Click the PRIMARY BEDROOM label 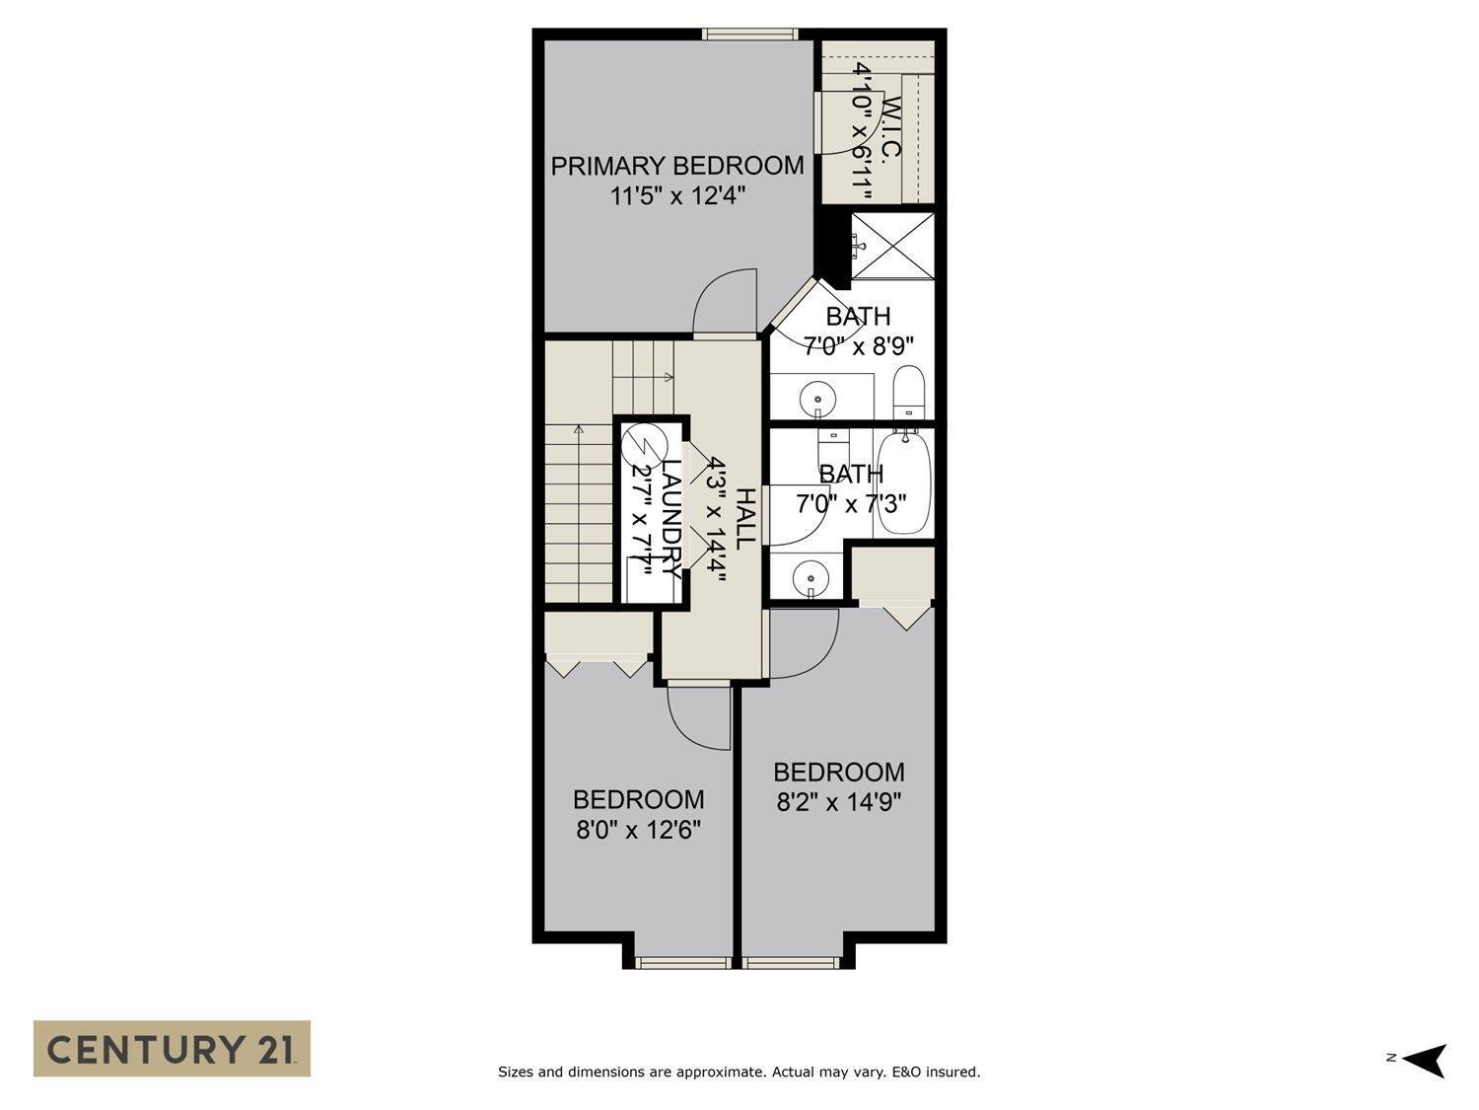point(676,166)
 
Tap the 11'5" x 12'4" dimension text point(676,196)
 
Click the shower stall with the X point(890,245)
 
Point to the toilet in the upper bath point(907,392)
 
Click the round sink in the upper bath point(817,398)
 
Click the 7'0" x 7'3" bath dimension point(851,504)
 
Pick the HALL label point(746,518)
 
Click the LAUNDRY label point(670,518)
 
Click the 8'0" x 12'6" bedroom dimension point(638,830)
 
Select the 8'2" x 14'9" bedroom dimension point(839,802)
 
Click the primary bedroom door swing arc point(725,302)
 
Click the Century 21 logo point(172,1048)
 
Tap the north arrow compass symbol point(1425,1060)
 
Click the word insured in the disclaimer point(951,1072)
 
